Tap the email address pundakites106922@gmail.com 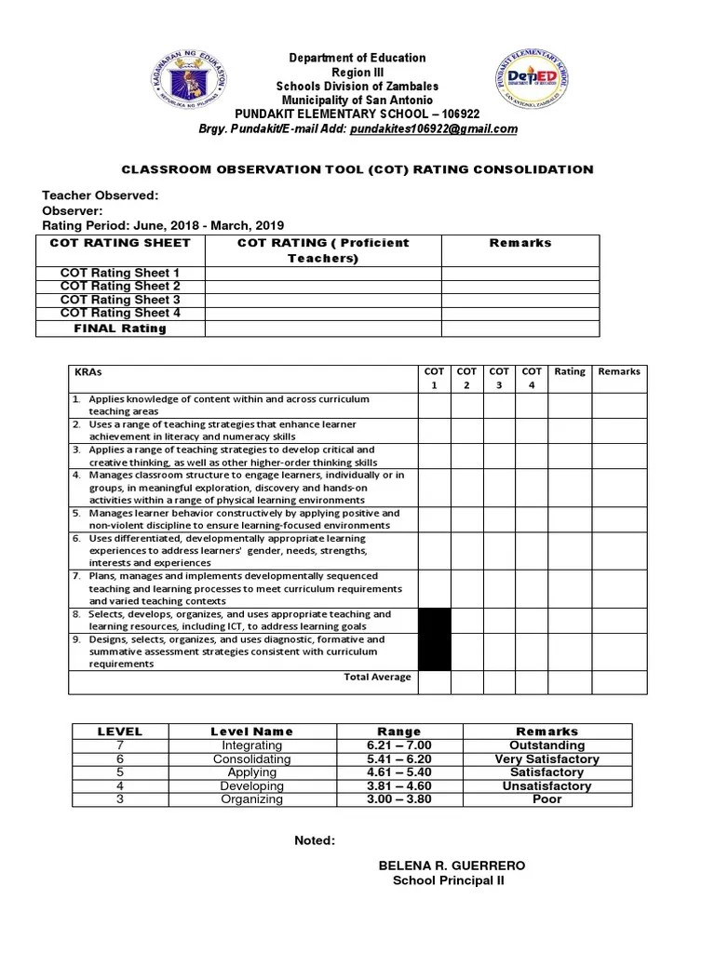(x=433, y=129)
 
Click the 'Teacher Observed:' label (x=101, y=195)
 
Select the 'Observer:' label (x=73, y=211)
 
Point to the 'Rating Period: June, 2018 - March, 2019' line (x=163, y=226)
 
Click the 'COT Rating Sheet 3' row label (x=120, y=300)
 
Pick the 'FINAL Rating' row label (x=120, y=328)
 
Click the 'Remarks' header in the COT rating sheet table (x=519, y=243)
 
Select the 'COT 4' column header (x=532, y=378)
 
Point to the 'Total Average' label (x=377, y=677)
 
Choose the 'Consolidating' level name (x=251, y=759)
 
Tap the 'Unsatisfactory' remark (x=546, y=785)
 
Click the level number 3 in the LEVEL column (x=119, y=799)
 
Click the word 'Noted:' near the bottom (x=315, y=840)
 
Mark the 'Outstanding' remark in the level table (x=546, y=745)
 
